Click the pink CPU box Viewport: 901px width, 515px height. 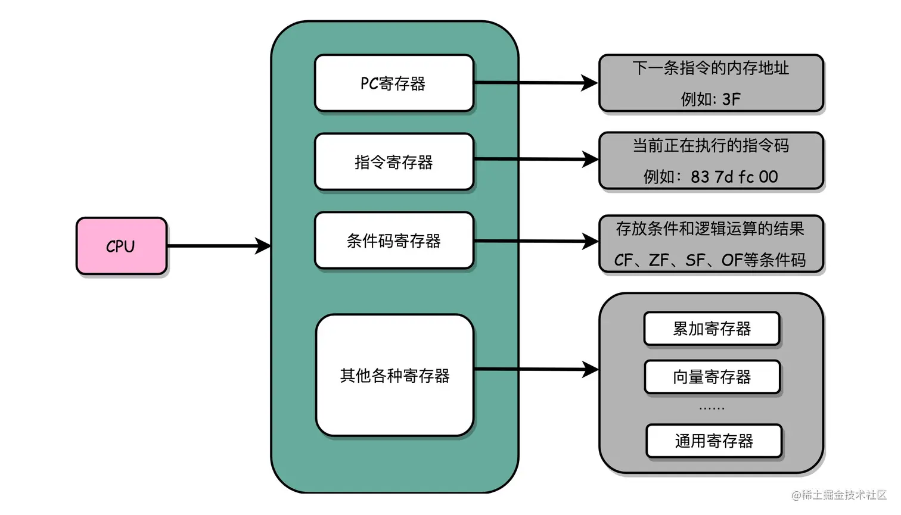[122, 246]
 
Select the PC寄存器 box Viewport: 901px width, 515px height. [394, 83]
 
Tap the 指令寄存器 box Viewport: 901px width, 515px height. [394, 162]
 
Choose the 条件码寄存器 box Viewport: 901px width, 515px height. [394, 241]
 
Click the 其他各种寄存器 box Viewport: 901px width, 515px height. [394, 376]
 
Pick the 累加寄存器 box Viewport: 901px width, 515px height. [712, 329]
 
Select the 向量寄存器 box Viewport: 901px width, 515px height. [712, 377]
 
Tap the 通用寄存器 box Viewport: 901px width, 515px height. [714, 441]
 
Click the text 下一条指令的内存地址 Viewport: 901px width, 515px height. [710, 68]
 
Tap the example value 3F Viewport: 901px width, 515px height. [731, 99]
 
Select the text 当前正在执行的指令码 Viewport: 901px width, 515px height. [710, 145]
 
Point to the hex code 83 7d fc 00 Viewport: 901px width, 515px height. [734, 177]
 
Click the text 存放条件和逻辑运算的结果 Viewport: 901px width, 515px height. [710, 229]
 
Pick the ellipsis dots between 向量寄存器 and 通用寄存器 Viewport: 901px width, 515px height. [712, 408]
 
